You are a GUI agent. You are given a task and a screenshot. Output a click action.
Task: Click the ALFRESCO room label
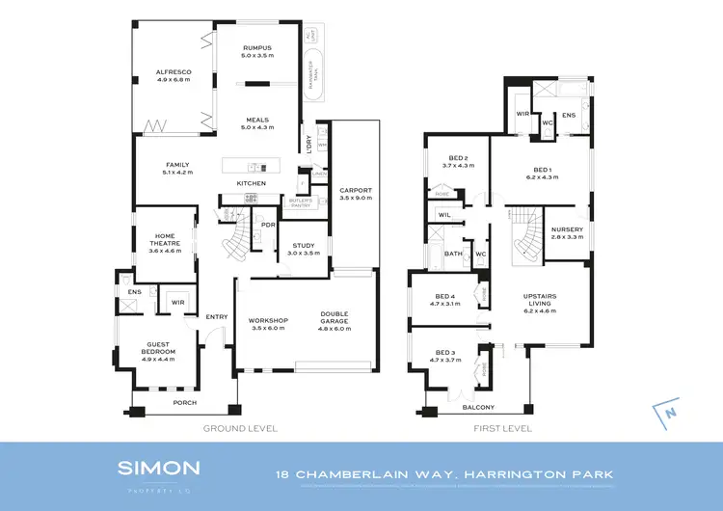(x=174, y=72)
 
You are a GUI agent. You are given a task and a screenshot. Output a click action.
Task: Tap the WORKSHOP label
(x=269, y=322)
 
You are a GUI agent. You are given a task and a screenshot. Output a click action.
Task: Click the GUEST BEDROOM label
(x=158, y=348)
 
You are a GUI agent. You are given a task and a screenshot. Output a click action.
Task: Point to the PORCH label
(x=184, y=402)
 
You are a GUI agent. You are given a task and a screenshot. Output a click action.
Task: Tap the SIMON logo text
(x=159, y=468)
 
